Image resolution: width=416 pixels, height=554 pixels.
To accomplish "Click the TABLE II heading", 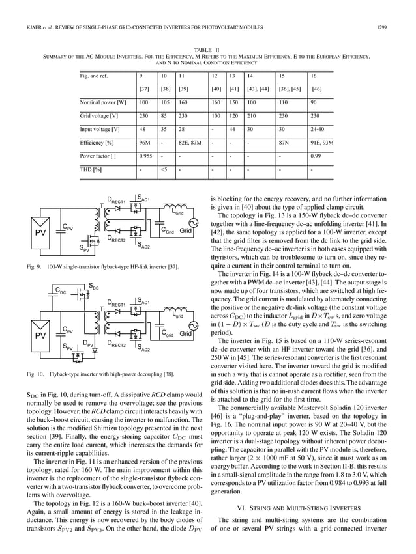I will click(207, 49).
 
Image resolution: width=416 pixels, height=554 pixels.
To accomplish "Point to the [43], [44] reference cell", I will click(255, 88).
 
